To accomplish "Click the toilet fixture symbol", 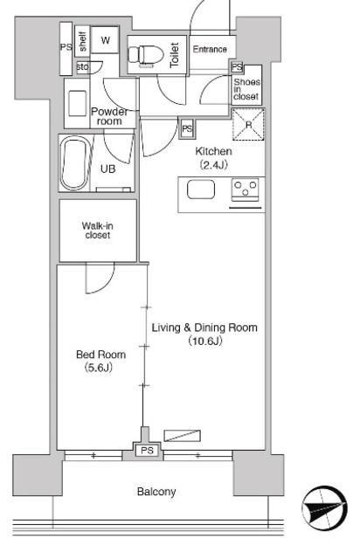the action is [x=145, y=56].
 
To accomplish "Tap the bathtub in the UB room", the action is [x=74, y=164].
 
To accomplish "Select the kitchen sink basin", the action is [x=201, y=189].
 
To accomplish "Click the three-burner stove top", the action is [x=246, y=190].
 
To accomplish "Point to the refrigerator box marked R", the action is [x=248, y=124].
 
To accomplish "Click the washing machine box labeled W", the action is [x=105, y=40].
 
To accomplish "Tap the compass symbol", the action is [x=324, y=509].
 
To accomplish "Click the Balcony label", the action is [x=156, y=492].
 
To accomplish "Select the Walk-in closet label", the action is [x=97, y=231].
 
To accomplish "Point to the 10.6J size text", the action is [x=205, y=342].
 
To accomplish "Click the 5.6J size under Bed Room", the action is [x=99, y=368].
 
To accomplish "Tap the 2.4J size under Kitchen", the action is [x=213, y=165].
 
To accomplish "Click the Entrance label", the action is [x=210, y=49].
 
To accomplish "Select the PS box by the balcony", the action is [x=147, y=451].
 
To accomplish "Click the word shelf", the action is [x=83, y=41].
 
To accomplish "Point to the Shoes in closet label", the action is [x=246, y=89].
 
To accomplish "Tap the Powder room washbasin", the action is [x=78, y=103].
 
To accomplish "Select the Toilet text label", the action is [x=175, y=55].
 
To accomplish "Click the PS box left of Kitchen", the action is [x=187, y=128].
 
